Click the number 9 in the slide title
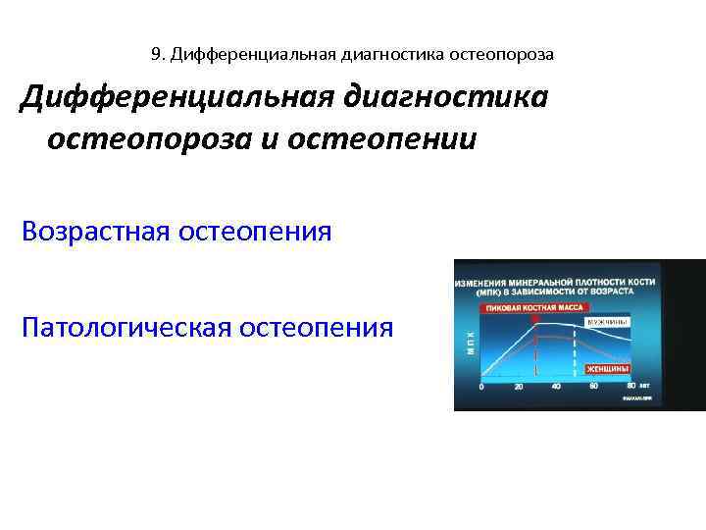[x=157, y=54]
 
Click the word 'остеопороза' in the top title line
[x=502, y=55]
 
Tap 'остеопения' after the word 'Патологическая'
[x=317, y=326]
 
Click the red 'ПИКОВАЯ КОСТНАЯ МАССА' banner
[x=530, y=308]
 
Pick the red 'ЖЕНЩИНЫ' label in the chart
[x=608, y=369]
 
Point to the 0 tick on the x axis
[x=481, y=387]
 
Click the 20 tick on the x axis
[x=519, y=387]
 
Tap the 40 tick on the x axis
[x=556, y=387]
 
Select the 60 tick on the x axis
[x=594, y=387]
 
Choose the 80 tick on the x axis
[x=630, y=387]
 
